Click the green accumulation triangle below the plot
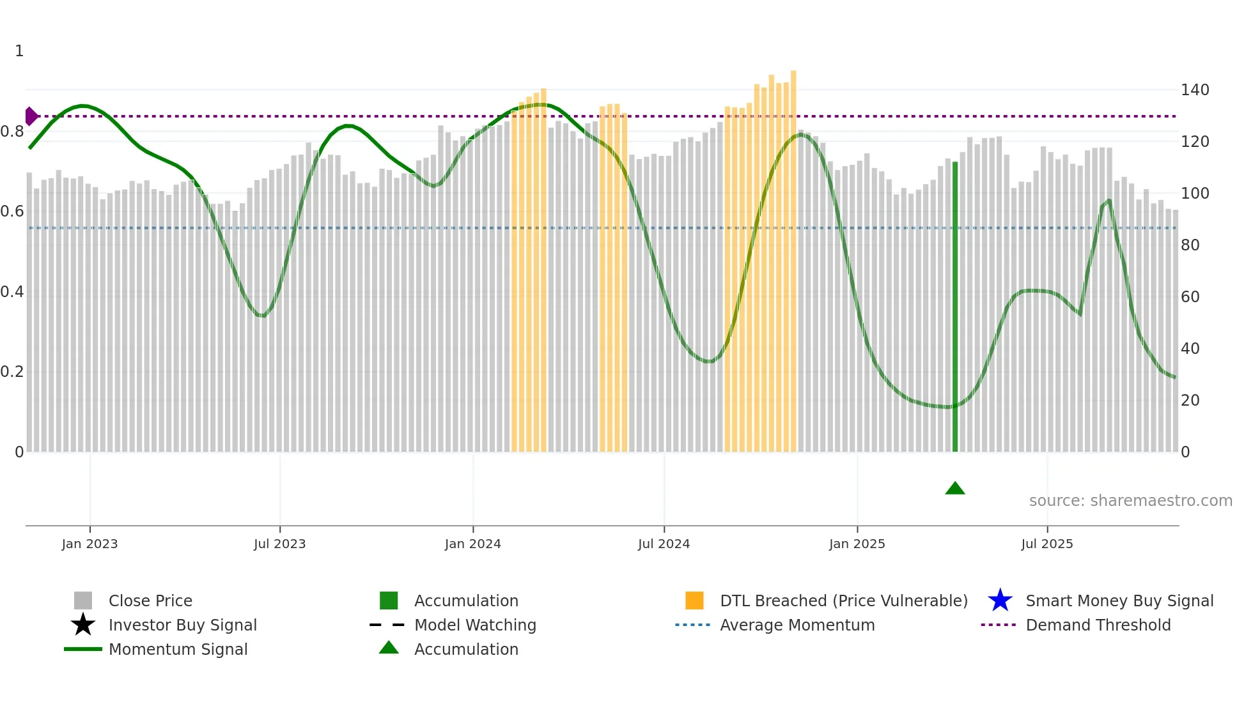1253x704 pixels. [x=954, y=489]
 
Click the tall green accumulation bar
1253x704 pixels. [x=955, y=307]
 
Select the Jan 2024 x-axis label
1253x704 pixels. [x=472, y=544]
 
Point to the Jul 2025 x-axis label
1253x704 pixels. [x=1047, y=544]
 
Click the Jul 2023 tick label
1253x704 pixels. [x=279, y=544]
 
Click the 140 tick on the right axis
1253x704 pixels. [x=1194, y=90]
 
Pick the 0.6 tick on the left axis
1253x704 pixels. [x=12, y=211]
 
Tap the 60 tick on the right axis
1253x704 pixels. [x=1190, y=297]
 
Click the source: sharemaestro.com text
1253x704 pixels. [x=1130, y=501]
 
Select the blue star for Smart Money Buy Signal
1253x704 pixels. [x=1000, y=601]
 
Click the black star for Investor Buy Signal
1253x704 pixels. [x=83, y=625]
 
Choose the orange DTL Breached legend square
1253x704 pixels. [x=694, y=601]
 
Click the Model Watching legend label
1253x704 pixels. [x=475, y=625]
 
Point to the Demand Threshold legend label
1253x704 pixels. [x=1098, y=625]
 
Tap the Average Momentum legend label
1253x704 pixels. [x=797, y=625]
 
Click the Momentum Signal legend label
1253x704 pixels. [x=178, y=649]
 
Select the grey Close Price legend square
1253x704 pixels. [x=83, y=601]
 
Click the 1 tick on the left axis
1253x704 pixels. [x=19, y=51]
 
